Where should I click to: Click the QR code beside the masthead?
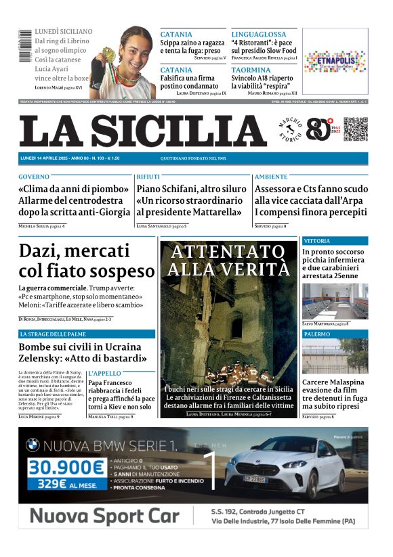[x=356, y=129]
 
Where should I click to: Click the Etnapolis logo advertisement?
[x=335, y=62]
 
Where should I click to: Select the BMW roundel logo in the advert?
[x=33, y=445]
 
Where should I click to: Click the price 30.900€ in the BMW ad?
[x=67, y=467]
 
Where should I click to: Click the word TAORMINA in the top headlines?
[x=250, y=70]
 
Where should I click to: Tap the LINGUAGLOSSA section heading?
[x=259, y=34]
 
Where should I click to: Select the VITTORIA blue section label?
[x=317, y=241]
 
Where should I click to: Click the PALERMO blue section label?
[x=317, y=334]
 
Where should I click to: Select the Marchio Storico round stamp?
[x=291, y=129]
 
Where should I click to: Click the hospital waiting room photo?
[x=335, y=300]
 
